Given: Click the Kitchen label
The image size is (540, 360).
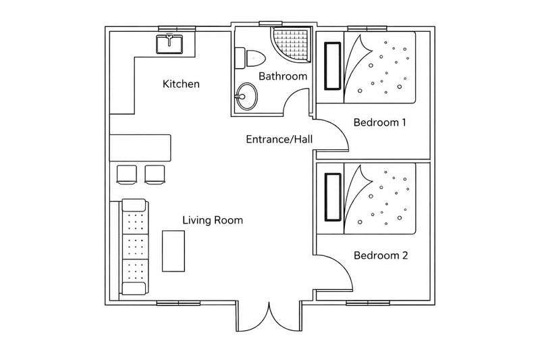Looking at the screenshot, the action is click(181, 84).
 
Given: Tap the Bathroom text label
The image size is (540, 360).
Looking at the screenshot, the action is click(283, 76).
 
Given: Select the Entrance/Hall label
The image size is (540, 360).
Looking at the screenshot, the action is click(279, 139).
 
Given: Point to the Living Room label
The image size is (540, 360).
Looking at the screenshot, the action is click(213, 220).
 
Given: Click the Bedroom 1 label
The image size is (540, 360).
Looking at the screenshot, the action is click(379, 122).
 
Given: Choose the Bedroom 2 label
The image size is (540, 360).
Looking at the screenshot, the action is click(381, 255).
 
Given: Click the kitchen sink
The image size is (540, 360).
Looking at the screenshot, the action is click(169, 44).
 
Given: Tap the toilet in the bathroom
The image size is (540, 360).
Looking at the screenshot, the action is click(250, 58).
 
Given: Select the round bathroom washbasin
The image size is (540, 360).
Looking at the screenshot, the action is click(247, 96).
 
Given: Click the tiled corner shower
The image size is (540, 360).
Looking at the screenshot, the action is click(291, 45).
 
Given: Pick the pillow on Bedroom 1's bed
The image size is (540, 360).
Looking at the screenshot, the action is click(333, 66).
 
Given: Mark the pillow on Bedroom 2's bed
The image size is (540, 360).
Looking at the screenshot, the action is click(333, 197).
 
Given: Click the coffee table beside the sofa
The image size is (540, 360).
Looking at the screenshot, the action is click(173, 251).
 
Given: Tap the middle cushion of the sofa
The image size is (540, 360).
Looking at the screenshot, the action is click(136, 247).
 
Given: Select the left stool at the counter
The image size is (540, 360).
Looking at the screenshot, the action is click(127, 174).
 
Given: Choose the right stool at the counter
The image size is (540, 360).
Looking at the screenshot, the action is click(155, 174).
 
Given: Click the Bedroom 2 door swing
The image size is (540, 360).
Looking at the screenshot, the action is click(343, 265).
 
